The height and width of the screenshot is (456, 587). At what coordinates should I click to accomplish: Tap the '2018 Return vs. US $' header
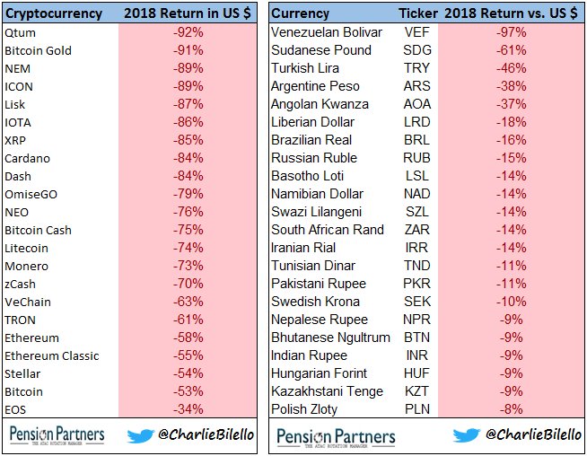pos(511,13)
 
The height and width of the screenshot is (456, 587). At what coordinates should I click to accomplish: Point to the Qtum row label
pos(22,32)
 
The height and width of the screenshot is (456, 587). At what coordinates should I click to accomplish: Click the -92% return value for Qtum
pos(188,32)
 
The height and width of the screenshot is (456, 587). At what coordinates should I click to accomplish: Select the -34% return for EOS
pos(188,409)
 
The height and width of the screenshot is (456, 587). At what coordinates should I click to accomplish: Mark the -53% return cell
pos(188,391)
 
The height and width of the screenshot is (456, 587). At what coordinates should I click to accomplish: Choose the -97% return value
pos(512,32)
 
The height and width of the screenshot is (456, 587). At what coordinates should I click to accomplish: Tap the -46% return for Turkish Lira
pos(512,68)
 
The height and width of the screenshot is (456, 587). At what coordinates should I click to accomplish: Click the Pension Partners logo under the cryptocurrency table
pos(57,436)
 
